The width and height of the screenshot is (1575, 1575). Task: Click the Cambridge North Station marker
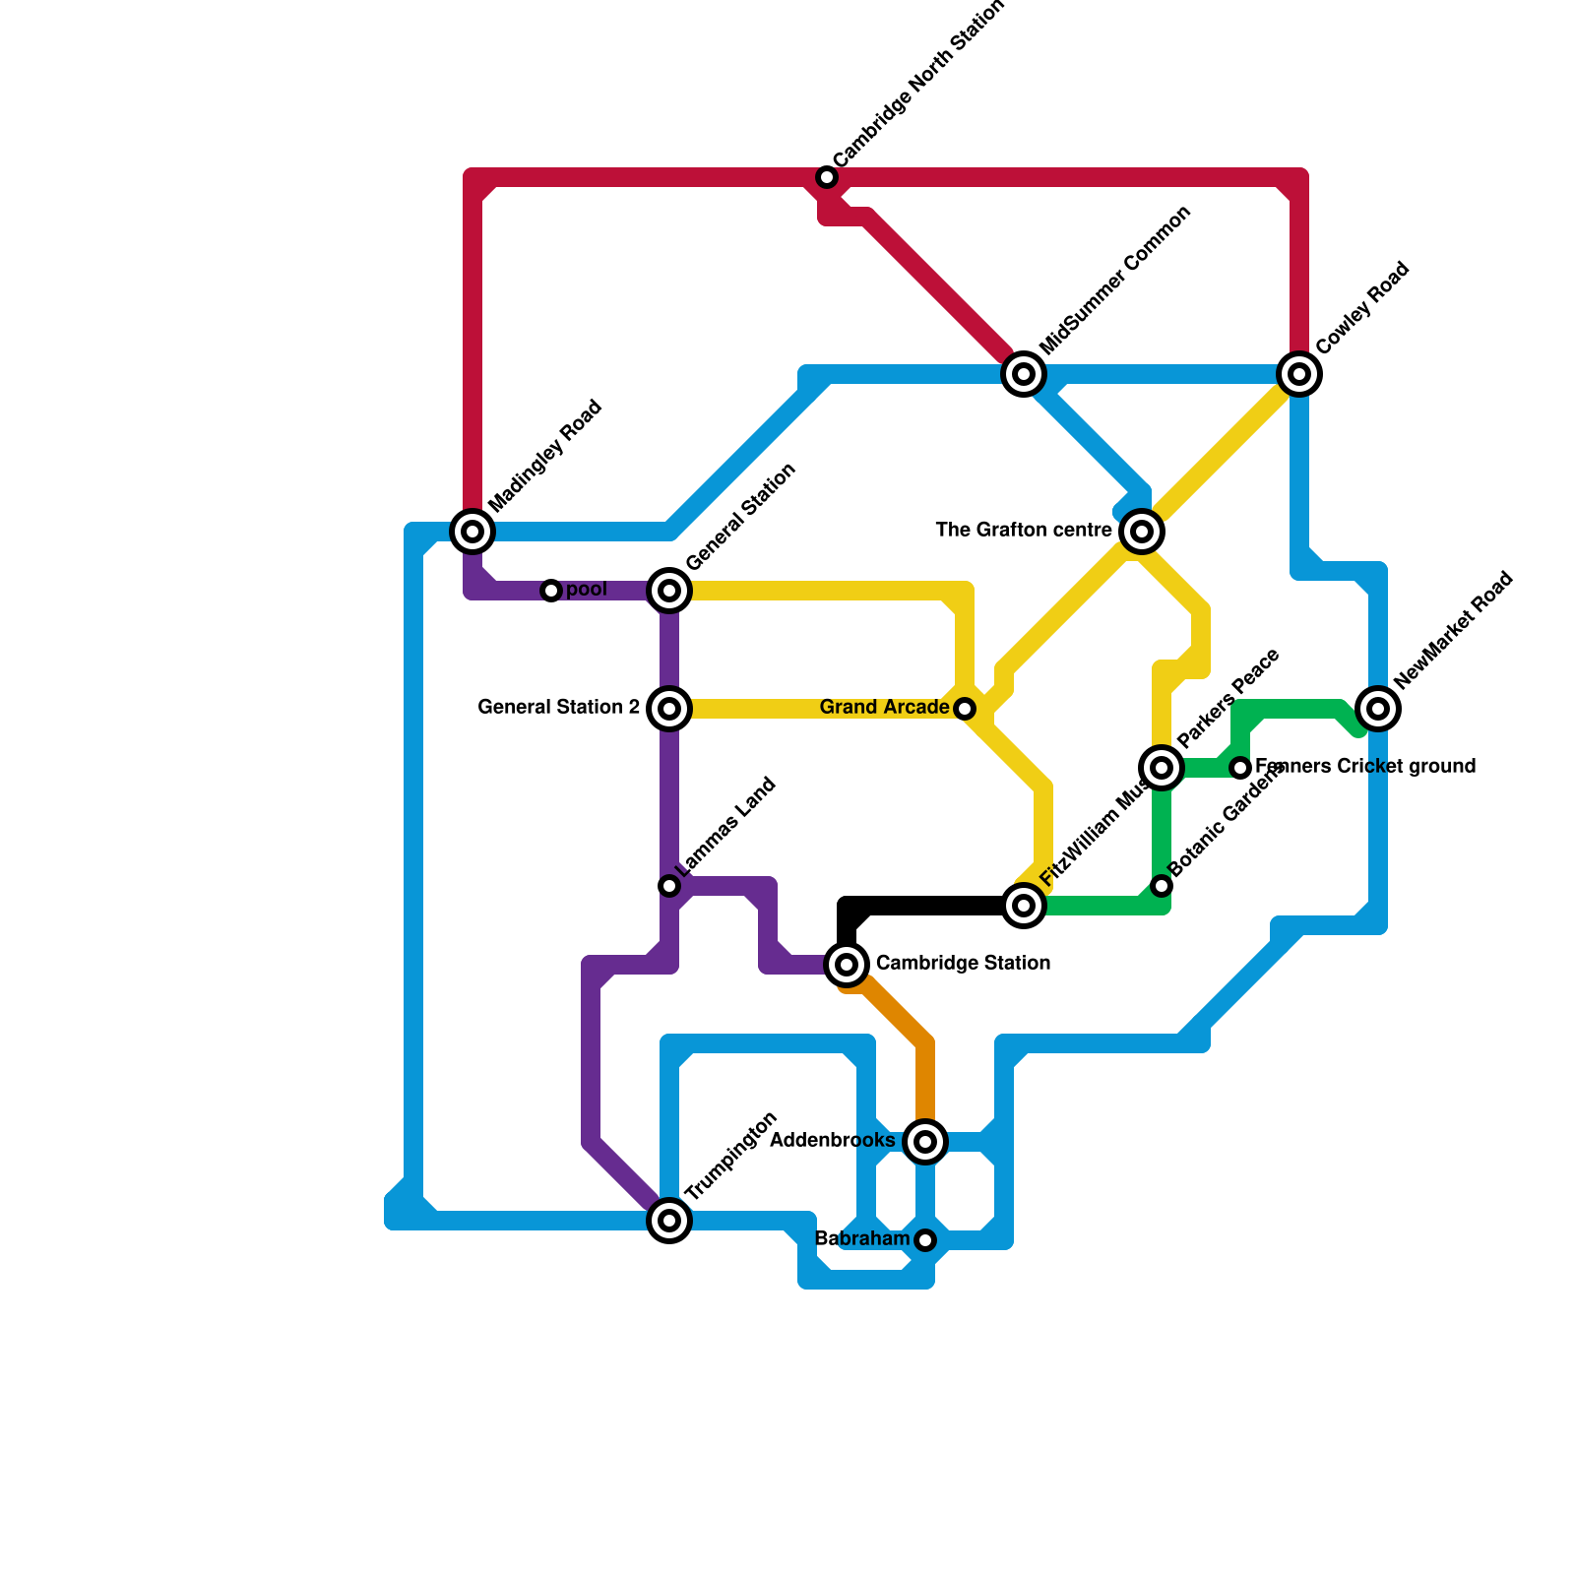(x=827, y=177)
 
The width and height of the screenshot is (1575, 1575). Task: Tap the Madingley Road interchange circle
(x=472, y=532)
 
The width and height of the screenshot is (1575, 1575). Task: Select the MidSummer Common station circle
(x=1024, y=374)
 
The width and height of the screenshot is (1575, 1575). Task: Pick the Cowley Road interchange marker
(x=1299, y=374)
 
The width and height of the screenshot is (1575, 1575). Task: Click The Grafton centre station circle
(x=1142, y=532)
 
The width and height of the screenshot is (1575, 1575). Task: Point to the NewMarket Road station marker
(x=1378, y=709)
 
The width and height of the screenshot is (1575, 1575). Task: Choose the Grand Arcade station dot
(x=965, y=709)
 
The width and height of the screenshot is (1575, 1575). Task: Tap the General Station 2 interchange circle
(x=669, y=709)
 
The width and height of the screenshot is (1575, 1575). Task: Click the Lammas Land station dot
(x=669, y=886)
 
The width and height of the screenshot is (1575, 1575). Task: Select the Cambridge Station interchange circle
(x=847, y=965)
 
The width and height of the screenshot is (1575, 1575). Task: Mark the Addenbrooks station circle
(x=925, y=1142)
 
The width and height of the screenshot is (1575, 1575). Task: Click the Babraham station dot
(x=925, y=1240)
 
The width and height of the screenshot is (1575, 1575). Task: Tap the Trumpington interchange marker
(x=669, y=1221)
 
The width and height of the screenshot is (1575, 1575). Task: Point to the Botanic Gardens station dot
(x=1162, y=886)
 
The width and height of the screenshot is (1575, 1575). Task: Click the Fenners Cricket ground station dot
(x=1240, y=768)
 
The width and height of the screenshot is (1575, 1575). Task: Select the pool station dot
(x=551, y=591)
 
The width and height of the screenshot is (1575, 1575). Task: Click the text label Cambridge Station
(x=963, y=963)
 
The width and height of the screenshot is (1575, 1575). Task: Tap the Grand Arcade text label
(x=884, y=708)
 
